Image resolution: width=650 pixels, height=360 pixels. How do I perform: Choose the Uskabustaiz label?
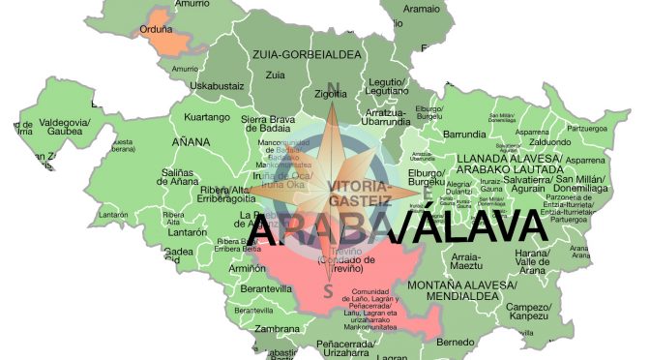217,86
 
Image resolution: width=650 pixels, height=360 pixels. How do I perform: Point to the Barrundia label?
464,135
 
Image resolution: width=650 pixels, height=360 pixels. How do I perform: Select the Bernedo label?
455,342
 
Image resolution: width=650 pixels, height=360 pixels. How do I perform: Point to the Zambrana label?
277,328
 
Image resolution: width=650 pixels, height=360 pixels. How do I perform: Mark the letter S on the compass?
329,289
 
